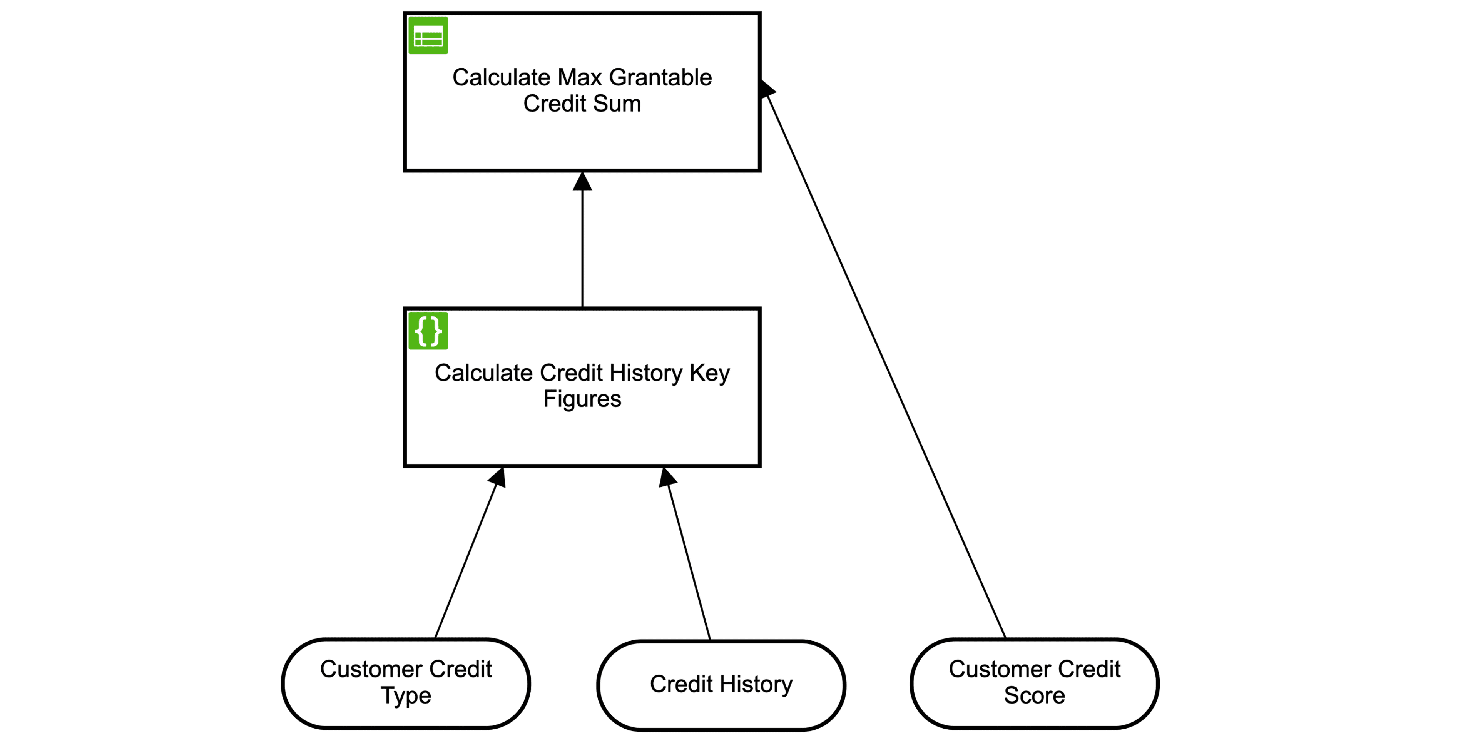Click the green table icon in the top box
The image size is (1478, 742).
tap(428, 35)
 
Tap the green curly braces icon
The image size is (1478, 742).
tap(428, 331)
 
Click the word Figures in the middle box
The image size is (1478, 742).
tap(582, 399)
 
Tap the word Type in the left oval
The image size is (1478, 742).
tap(406, 695)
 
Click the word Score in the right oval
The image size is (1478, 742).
tap(1035, 695)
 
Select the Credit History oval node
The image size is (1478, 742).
tap(721, 685)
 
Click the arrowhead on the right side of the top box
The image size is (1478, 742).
tap(767, 89)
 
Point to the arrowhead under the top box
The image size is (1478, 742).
tap(582, 181)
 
